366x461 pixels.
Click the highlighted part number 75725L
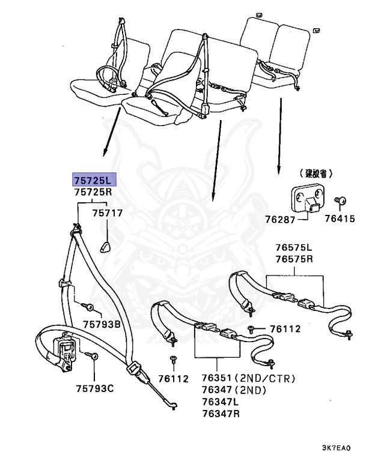(x=93, y=180)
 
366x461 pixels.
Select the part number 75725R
(x=93, y=193)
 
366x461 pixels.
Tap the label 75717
(x=107, y=212)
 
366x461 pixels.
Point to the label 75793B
(x=102, y=324)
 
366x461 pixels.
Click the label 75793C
(x=94, y=387)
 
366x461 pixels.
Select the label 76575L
(x=294, y=247)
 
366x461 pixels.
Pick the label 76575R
(x=294, y=259)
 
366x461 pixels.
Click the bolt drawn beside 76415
(x=338, y=202)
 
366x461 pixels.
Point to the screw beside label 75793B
(x=90, y=307)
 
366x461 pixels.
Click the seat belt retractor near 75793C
(x=64, y=352)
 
